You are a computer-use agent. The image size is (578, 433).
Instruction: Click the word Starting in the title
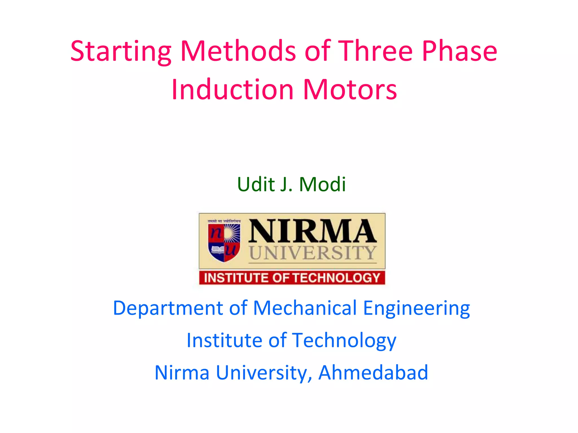121,51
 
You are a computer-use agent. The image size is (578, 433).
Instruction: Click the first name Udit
256,184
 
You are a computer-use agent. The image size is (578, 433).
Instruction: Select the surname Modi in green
322,184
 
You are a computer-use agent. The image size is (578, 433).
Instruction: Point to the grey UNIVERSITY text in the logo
312,253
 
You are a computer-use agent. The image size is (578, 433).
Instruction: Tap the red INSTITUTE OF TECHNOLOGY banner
292,278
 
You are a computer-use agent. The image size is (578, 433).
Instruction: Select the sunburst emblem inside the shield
232,233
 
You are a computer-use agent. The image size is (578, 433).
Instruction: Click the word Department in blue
168,308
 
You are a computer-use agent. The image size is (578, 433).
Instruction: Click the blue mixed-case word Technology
344,341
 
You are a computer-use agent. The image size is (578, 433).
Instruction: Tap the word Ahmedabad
373,373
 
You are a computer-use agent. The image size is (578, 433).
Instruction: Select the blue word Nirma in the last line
182,373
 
